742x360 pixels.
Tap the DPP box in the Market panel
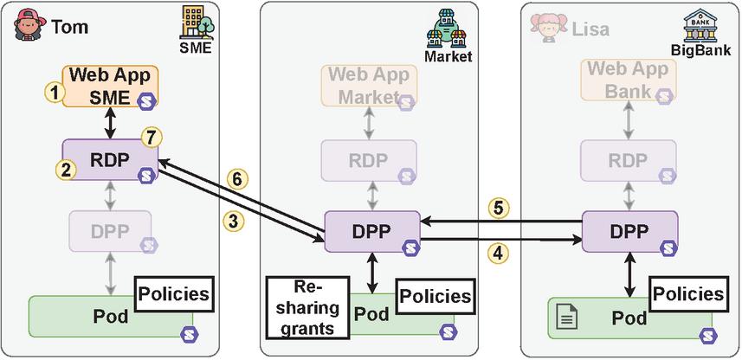click(372, 231)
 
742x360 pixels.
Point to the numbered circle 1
click(55, 92)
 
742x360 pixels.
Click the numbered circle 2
click(65, 170)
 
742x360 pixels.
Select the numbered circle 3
click(234, 221)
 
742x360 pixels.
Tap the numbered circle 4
click(495, 254)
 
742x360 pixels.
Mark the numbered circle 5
click(496, 208)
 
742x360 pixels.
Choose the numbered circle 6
click(235, 179)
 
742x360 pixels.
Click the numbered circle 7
click(152, 136)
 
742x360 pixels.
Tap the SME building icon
click(196, 23)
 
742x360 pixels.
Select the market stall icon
click(447, 31)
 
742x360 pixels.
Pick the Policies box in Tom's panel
click(174, 294)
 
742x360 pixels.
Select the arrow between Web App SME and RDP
click(111, 124)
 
